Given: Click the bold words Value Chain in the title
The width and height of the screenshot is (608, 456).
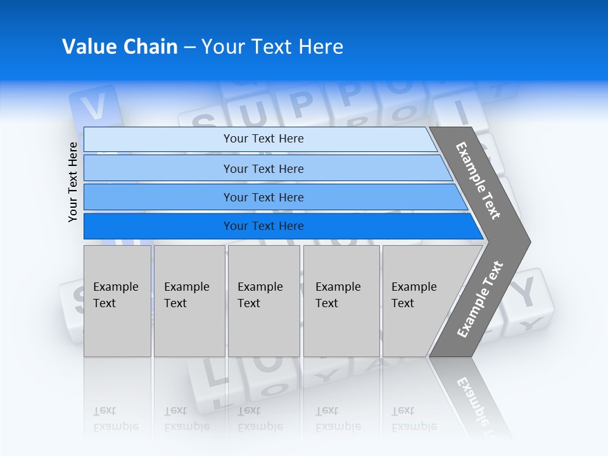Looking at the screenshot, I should coord(120,47).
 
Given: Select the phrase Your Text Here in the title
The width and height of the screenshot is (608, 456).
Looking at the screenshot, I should coord(272,47).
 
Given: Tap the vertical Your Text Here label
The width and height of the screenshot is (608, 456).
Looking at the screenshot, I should coord(73,182).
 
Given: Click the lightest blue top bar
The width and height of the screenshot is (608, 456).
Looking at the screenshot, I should coord(263,139).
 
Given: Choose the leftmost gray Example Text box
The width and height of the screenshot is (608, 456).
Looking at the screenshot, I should coord(117,301).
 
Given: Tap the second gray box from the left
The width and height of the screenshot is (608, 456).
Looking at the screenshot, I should coord(189,301).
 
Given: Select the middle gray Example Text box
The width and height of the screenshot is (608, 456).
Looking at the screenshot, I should coord(263,301).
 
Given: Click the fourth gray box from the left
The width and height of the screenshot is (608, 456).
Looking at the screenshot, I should coord(341,301).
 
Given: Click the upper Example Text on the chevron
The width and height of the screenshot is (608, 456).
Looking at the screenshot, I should coord(478,180).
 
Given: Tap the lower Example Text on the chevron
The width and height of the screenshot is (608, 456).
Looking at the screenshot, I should coord(480,299).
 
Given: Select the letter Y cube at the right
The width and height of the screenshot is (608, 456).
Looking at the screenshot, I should coord(528,293).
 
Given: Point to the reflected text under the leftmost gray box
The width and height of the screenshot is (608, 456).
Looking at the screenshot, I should coord(115,419).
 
